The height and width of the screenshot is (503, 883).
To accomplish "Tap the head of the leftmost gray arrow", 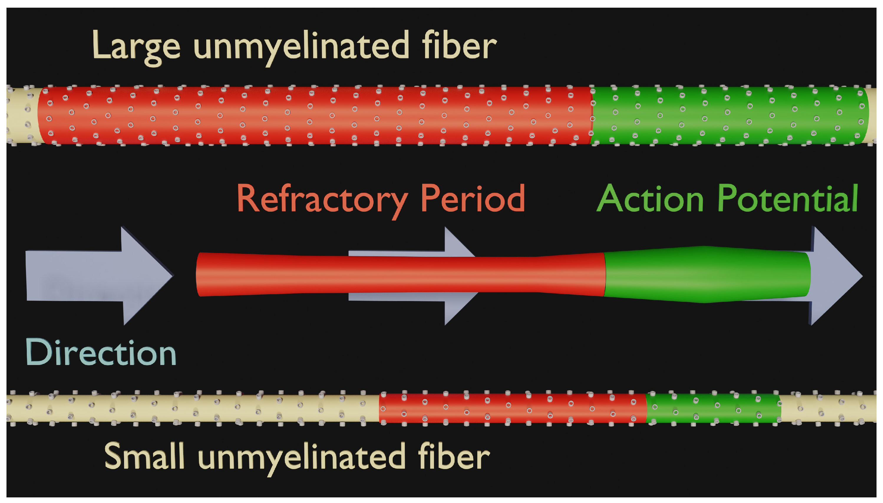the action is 147,276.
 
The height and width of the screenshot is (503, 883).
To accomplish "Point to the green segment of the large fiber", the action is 728,115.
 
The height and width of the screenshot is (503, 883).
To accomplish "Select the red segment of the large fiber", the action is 314,115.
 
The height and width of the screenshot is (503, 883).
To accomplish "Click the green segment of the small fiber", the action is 714,408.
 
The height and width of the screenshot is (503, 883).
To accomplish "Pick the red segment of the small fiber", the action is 513,408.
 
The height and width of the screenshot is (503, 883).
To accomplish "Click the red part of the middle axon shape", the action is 400,275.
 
